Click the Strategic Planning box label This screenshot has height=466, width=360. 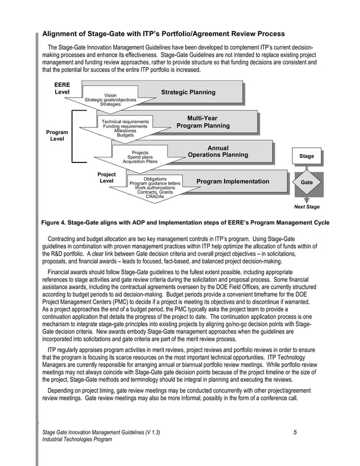(188, 92)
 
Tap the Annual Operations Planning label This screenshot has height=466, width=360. (218, 152)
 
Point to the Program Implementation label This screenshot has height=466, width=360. (232, 182)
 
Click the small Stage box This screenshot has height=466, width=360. (306, 156)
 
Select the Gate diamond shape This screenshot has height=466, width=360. (307, 183)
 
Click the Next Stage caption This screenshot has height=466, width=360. (307, 207)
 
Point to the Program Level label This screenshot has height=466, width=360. (57, 135)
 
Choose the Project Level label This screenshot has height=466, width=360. (106, 178)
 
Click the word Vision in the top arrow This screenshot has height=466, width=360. (111, 95)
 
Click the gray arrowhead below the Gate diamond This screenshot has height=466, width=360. (307, 199)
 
